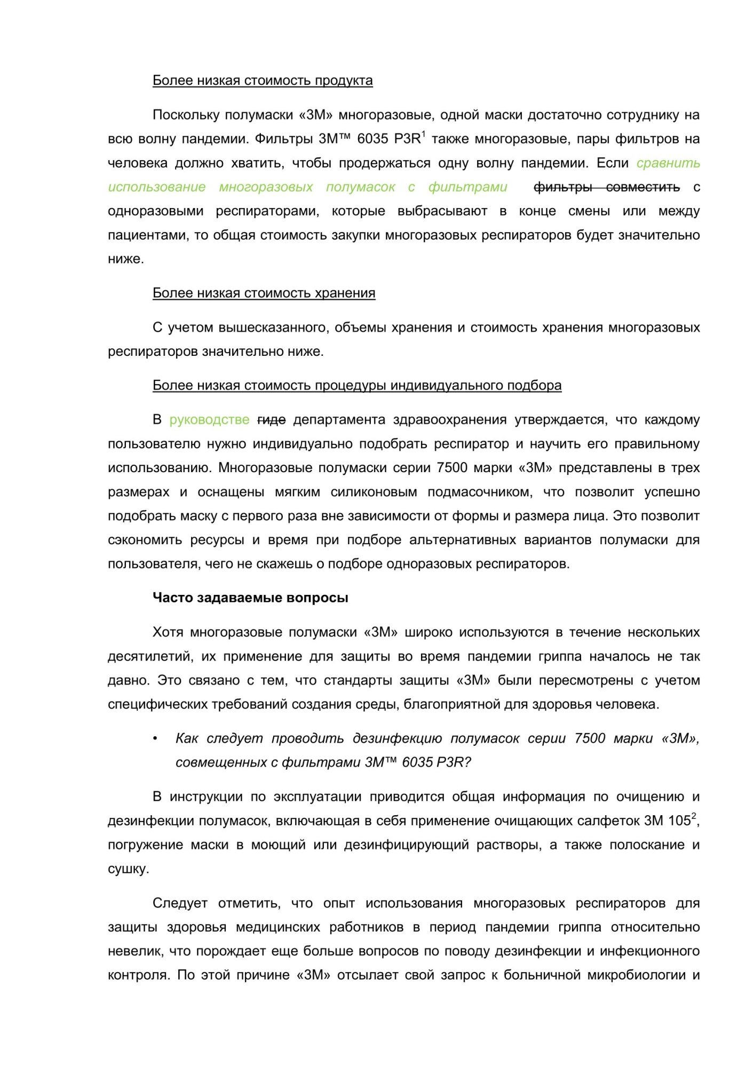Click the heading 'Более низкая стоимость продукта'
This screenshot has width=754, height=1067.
pos(263,81)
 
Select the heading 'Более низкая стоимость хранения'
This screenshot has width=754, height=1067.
pos(264,293)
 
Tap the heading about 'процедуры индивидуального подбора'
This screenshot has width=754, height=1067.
pos(357,385)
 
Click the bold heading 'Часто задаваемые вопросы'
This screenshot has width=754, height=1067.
pos(250,598)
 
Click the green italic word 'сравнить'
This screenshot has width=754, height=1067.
pos(668,163)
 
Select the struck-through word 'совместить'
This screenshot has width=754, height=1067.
pos(642,187)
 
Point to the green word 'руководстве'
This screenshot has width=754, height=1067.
pos(209,420)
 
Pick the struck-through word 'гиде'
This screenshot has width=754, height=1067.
pos(271,420)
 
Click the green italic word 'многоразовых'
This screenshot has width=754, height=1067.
pos(266,187)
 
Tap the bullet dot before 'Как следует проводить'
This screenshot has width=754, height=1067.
pos(155,738)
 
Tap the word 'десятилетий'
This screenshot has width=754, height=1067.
pos(149,656)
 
